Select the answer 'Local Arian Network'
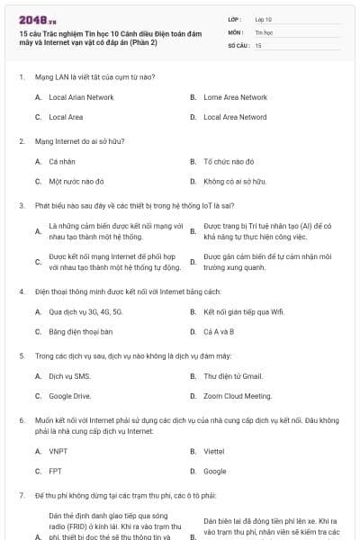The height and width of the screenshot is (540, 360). click(x=81, y=97)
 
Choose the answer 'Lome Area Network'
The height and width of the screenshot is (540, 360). click(x=235, y=97)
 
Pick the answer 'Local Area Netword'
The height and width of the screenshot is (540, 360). click(x=235, y=117)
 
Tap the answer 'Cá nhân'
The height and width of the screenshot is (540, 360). click(x=62, y=161)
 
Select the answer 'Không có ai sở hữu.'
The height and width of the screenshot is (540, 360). click(x=235, y=181)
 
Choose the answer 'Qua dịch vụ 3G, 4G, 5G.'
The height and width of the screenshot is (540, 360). click(x=85, y=311)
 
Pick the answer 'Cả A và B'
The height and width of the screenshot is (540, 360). click(x=220, y=331)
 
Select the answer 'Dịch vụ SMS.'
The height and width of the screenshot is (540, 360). click(x=69, y=375)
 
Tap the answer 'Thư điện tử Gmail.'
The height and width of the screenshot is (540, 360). click(x=233, y=375)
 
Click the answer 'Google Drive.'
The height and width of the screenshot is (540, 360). click(x=70, y=395)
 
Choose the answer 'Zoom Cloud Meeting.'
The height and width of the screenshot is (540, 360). click(x=238, y=395)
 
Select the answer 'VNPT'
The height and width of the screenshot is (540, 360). click(x=58, y=451)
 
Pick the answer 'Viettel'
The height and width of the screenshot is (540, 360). click(x=214, y=451)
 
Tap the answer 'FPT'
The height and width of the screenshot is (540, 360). click(x=55, y=471)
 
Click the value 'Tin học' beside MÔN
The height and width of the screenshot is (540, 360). click(x=264, y=31)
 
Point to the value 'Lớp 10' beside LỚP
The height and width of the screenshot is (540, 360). click(x=263, y=19)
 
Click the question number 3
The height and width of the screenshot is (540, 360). click(x=21, y=205)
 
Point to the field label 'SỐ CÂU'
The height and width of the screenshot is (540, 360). click(x=237, y=44)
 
